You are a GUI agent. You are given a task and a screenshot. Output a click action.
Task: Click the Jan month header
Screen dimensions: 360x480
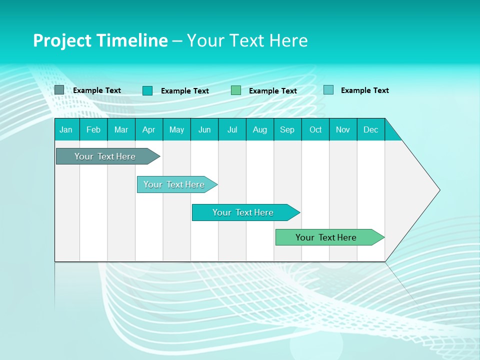click(66, 129)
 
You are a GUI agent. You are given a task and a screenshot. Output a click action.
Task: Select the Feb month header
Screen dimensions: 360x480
click(93, 129)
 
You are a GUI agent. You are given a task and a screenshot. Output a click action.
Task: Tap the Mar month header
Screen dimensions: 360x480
click(121, 129)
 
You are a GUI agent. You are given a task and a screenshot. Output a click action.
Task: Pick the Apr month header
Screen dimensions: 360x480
click(149, 129)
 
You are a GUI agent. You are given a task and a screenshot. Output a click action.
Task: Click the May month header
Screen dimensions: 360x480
click(176, 129)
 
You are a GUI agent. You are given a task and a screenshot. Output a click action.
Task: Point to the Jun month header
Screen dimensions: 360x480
click(204, 129)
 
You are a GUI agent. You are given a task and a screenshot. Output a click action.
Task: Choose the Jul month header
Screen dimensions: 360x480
click(232, 129)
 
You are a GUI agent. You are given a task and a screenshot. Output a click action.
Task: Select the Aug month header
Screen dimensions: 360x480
click(260, 129)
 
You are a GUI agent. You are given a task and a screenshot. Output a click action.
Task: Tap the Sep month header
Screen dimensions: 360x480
click(287, 129)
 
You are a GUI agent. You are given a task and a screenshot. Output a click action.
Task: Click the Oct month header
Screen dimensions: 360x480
click(315, 129)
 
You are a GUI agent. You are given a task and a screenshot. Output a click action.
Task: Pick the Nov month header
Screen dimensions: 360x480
click(343, 129)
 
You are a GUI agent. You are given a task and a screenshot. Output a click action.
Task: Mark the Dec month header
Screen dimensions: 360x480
click(371, 129)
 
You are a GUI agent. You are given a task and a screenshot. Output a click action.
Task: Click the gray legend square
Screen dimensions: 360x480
click(59, 90)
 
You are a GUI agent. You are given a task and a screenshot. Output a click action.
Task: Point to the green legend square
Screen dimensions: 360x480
click(236, 90)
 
